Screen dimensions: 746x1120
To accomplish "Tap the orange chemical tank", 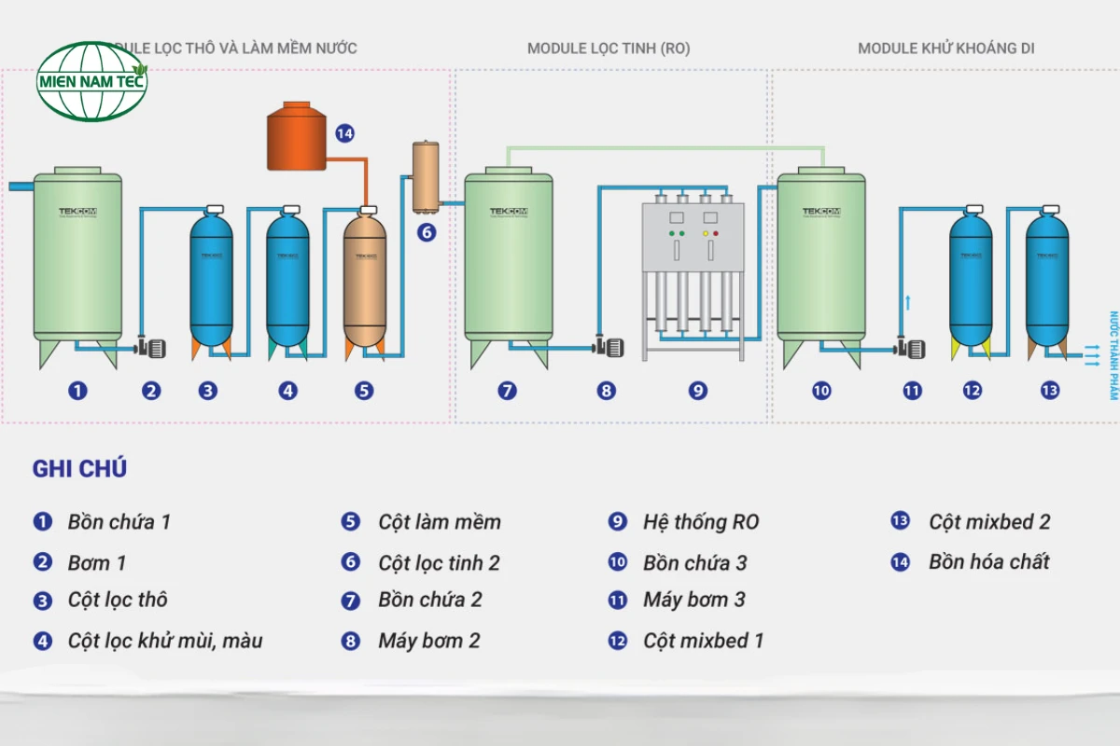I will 297,138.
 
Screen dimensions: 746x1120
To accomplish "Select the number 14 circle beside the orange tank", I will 344,133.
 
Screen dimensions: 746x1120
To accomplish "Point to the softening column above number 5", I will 365,280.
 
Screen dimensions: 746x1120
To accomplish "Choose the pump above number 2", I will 150,348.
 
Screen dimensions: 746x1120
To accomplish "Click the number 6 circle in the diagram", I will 427,231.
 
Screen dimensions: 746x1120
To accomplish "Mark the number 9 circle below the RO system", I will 698,391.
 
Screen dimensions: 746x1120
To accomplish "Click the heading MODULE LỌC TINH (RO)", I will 609,48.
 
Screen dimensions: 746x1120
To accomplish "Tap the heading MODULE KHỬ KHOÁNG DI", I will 945,48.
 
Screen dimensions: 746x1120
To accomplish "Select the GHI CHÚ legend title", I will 79,469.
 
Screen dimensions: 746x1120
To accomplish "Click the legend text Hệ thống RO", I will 700,522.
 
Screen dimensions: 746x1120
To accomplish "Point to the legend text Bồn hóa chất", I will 988,562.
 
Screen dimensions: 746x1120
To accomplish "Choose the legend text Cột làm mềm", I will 439,522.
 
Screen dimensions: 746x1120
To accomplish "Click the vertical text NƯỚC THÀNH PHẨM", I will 1113,355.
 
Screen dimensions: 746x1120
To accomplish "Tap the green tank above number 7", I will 509,256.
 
